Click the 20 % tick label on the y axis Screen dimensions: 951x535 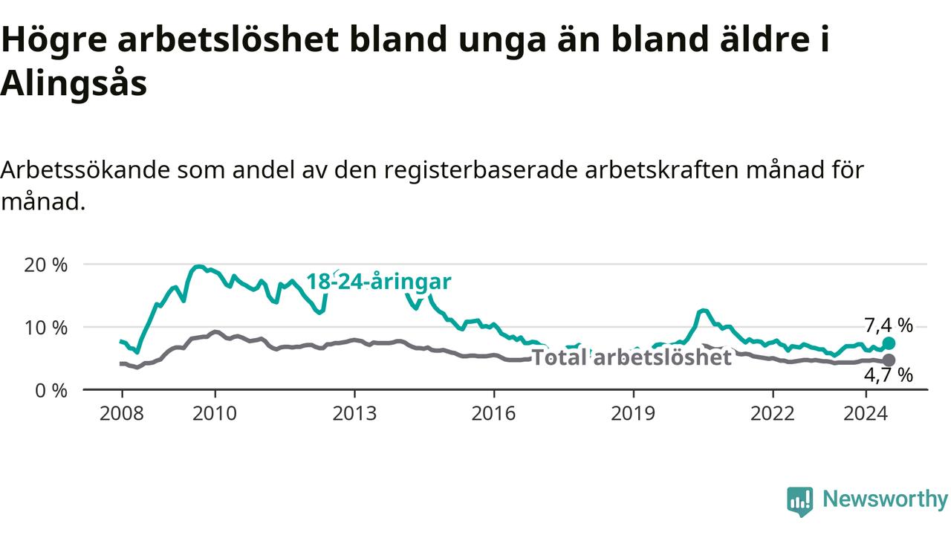click(x=45, y=265)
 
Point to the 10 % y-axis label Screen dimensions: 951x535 click(x=45, y=328)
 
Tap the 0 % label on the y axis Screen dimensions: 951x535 click(x=51, y=391)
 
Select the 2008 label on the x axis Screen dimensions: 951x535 click(x=121, y=413)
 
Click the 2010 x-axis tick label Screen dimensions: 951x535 click(x=215, y=413)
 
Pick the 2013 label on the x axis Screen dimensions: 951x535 click(x=354, y=413)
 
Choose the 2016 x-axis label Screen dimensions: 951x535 click(x=494, y=413)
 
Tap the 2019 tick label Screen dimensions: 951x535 click(x=633, y=413)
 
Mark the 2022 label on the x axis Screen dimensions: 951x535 click(x=773, y=413)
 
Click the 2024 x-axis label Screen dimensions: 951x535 click(x=866, y=413)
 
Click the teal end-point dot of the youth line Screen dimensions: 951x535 click(x=889, y=343)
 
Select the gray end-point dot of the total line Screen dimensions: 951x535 click(x=889, y=360)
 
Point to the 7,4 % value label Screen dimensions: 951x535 click(x=889, y=325)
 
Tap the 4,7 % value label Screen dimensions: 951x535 click(x=889, y=375)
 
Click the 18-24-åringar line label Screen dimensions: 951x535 click(x=379, y=282)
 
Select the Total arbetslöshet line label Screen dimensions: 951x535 click(x=632, y=357)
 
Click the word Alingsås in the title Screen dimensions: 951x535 click(x=74, y=82)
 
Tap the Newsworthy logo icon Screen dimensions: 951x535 click(x=800, y=502)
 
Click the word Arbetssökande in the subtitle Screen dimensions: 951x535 click(x=85, y=170)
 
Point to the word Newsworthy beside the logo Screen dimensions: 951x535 click(x=886, y=499)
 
